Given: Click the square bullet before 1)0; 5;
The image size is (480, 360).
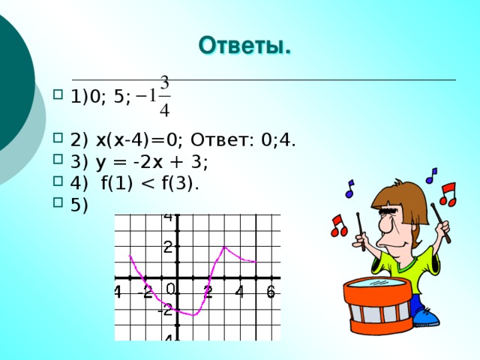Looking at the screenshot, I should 59,95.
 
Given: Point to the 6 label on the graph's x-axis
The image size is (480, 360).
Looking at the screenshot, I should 271,292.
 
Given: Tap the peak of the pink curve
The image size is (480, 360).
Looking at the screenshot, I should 224,247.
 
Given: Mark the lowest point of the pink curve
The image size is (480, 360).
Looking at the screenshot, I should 192,315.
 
